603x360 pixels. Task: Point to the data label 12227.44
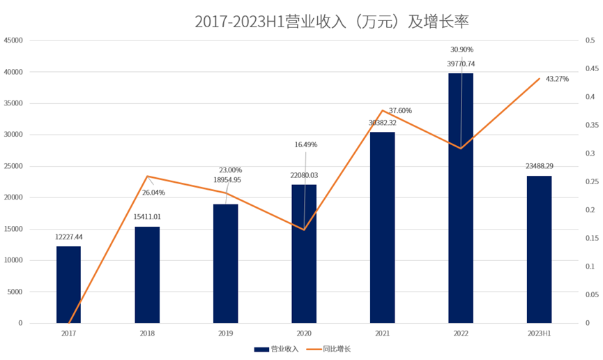click(68, 237)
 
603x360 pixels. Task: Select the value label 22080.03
click(304, 175)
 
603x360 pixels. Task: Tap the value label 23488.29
click(539, 166)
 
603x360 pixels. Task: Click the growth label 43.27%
click(557, 79)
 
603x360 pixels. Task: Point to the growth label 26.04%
click(153, 192)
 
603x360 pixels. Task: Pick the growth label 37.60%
click(400, 110)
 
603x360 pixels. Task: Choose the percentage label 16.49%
click(305, 144)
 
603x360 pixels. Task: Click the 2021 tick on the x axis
click(382, 333)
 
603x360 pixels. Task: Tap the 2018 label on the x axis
click(147, 333)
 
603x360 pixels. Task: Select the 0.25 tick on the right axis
click(590, 181)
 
